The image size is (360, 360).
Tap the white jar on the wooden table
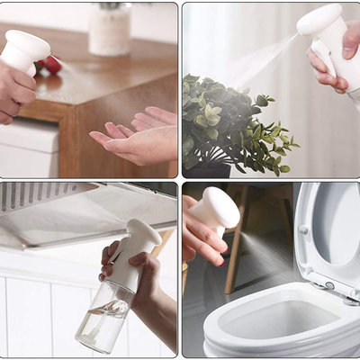pyautogui.click(x=110, y=31)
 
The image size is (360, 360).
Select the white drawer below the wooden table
pyautogui.click(x=27, y=148)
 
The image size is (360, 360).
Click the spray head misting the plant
pyautogui.click(x=321, y=22)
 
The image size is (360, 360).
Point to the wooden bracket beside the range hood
pyautogui.click(x=163, y=241)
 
